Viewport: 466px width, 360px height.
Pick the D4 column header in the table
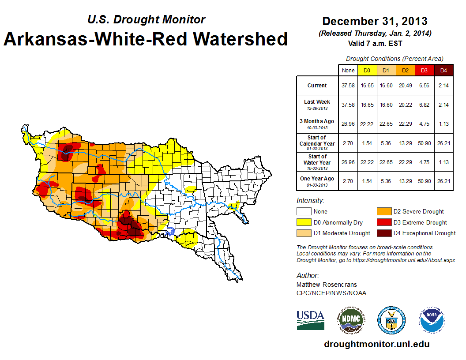(443, 71)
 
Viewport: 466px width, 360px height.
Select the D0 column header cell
(367, 71)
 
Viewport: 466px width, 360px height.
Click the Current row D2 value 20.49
(405, 86)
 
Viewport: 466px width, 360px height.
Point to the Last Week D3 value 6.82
(424, 105)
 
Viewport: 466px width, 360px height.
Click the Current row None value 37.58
(348, 86)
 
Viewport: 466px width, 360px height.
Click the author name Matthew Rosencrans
(327, 285)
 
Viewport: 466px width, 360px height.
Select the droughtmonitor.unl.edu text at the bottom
(376, 344)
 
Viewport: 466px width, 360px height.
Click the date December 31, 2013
(375, 21)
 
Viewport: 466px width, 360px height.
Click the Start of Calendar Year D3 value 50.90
(424, 143)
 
